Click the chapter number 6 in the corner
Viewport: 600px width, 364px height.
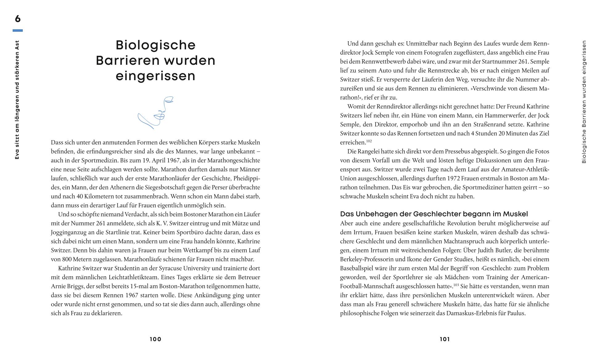point(18,19)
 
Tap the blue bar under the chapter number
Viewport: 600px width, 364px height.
point(18,31)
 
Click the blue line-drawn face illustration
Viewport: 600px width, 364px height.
point(156,112)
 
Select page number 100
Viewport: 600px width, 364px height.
point(156,339)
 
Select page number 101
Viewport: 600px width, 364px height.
point(444,339)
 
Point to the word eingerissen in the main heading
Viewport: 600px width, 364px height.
point(156,76)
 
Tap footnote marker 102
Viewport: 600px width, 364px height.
point(369,141)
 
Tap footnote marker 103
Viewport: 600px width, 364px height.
point(456,285)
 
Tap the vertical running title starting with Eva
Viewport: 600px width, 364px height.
point(17,100)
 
